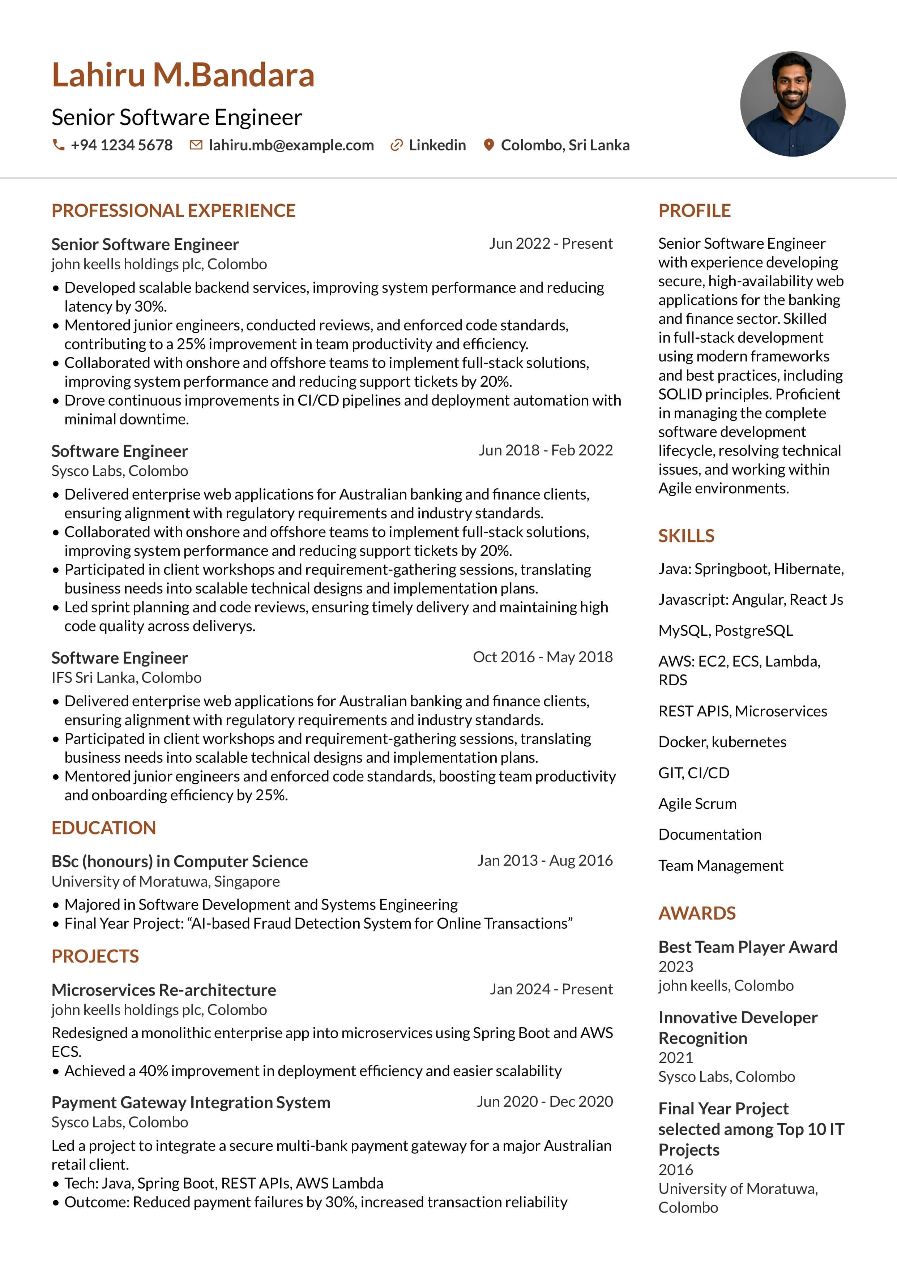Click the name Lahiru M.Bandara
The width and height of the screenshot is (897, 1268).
183,75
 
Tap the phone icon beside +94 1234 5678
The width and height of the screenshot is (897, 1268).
58,145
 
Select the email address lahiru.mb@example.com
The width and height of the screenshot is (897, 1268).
291,145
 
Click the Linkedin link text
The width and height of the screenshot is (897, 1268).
437,145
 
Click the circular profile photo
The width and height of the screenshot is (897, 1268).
792,104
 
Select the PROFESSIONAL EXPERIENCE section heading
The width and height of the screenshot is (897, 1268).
174,210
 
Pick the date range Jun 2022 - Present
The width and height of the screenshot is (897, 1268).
551,244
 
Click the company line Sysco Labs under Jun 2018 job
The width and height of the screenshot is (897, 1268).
120,471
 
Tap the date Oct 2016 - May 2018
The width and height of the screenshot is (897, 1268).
542,657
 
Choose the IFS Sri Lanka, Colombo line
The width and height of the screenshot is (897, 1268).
127,678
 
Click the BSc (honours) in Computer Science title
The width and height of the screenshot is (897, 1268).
180,861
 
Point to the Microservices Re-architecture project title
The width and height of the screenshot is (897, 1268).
163,990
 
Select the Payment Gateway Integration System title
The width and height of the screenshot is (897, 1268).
191,1102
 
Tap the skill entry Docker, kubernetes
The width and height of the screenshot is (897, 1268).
722,742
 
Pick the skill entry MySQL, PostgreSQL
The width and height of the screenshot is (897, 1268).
725,631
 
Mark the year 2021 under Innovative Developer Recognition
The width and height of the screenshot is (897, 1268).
675,1058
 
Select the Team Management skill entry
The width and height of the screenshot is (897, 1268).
720,865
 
